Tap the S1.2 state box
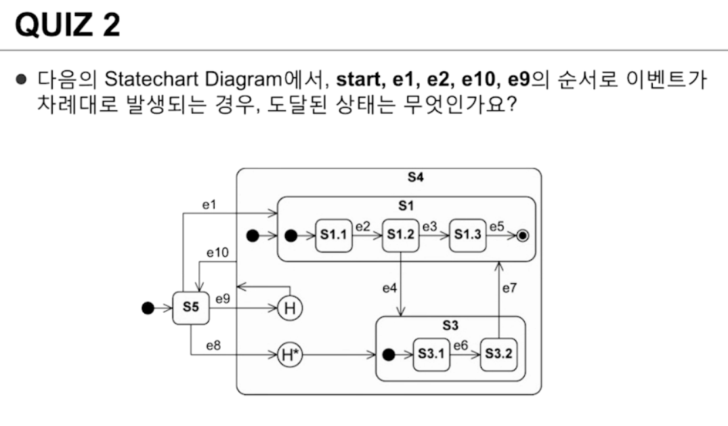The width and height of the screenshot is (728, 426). (x=400, y=236)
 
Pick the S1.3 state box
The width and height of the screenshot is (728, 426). (x=467, y=236)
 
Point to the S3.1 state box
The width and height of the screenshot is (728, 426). (x=431, y=354)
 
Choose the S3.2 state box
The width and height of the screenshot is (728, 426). (x=498, y=354)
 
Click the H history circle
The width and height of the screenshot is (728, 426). (x=289, y=309)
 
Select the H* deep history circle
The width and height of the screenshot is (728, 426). (x=289, y=354)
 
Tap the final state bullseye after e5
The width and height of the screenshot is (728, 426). (x=522, y=236)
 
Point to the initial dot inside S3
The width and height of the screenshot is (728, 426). (x=389, y=354)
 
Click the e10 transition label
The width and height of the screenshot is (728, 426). (x=217, y=253)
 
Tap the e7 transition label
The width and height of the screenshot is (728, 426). (x=510, y=289)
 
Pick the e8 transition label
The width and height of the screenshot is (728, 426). (x=213, y=345)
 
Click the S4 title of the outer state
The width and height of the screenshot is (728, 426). (x=415, y=178)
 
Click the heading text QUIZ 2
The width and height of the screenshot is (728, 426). (x=67, y=26)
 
